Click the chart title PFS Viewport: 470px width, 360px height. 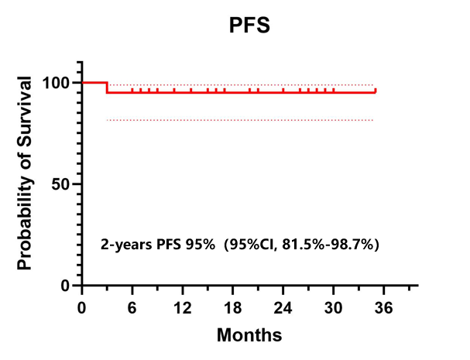[x=249, y=26]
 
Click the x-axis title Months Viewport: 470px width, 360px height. [x=249, y=335]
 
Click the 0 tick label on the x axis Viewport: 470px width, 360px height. [x=82, y=307]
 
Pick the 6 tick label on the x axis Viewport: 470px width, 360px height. [x=132, y=307]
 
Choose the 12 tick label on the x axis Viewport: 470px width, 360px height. [x=183, y=307]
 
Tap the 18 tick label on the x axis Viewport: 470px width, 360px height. [x=233, y=307]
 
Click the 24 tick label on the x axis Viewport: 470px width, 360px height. [x=283, y=307]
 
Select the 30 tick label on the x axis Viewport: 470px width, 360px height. [x=334, y=307]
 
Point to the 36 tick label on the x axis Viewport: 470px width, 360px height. [x=384, y=307]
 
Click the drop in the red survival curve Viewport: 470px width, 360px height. [x=107, y=87]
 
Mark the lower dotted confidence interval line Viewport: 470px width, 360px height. [x=240, y=120]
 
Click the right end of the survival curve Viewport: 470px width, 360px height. [x=376, y=91]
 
